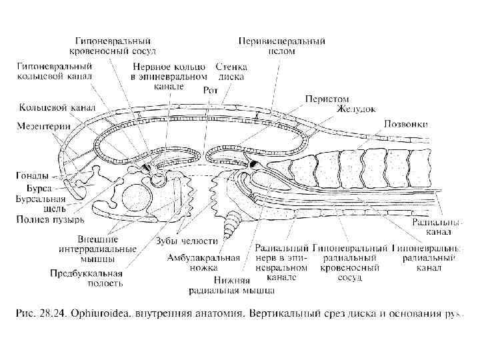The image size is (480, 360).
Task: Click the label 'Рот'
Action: coord(210,89)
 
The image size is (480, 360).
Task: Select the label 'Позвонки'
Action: coord(405,123)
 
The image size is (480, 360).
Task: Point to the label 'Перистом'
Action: coord(326,98)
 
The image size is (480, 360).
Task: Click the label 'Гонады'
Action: coord(31,176)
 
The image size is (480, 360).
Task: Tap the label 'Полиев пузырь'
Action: coord(50,219)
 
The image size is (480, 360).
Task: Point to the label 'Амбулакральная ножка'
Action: coord(203,262)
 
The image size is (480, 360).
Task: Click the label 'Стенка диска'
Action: coord(231,71)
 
